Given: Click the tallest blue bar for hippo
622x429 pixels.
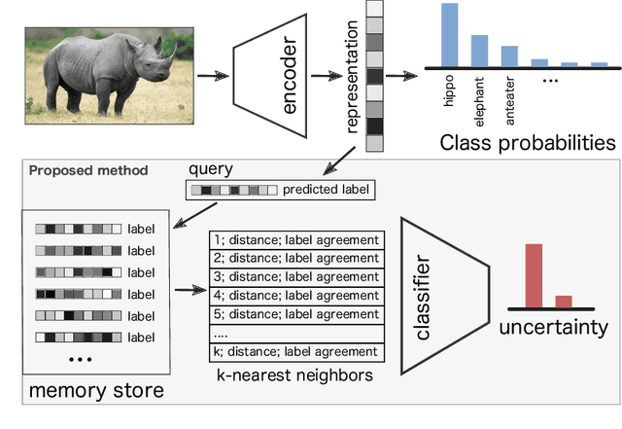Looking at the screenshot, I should pyautogui.click(x=449, y=35).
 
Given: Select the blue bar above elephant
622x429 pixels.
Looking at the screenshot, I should pyautogui.click(x=479, y=51).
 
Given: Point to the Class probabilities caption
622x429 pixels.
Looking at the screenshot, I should pyautogui.click(x=528, y=143).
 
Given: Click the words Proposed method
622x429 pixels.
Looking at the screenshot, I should pyautogui.click(x=88, y=170).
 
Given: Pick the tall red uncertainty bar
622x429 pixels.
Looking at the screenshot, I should pyautogui.click(x=534, y=276).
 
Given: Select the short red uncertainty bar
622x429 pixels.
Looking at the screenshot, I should pyautogui.click(x=564, y=302).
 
